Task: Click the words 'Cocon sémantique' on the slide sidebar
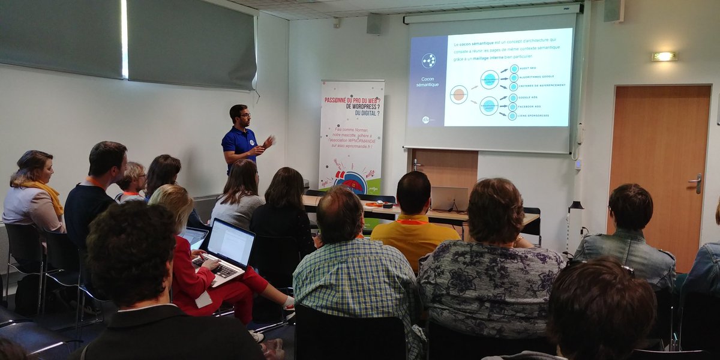pyautogui.click(x=428, y=82)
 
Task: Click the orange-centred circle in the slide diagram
pyautogui.click(x=459, y=94)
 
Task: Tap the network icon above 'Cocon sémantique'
pyautogui.click(x=428, y=60)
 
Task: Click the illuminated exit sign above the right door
pyautogui.click(x=665, y=56)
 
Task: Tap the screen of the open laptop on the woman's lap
pyautogui.click(x=231, y=243)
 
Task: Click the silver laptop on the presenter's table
pyautogui.click(x=449, y=199)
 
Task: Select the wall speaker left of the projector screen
pyautogui.click(x=374, y=23)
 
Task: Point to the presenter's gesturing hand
pyautogui.click(x=268, y=142)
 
